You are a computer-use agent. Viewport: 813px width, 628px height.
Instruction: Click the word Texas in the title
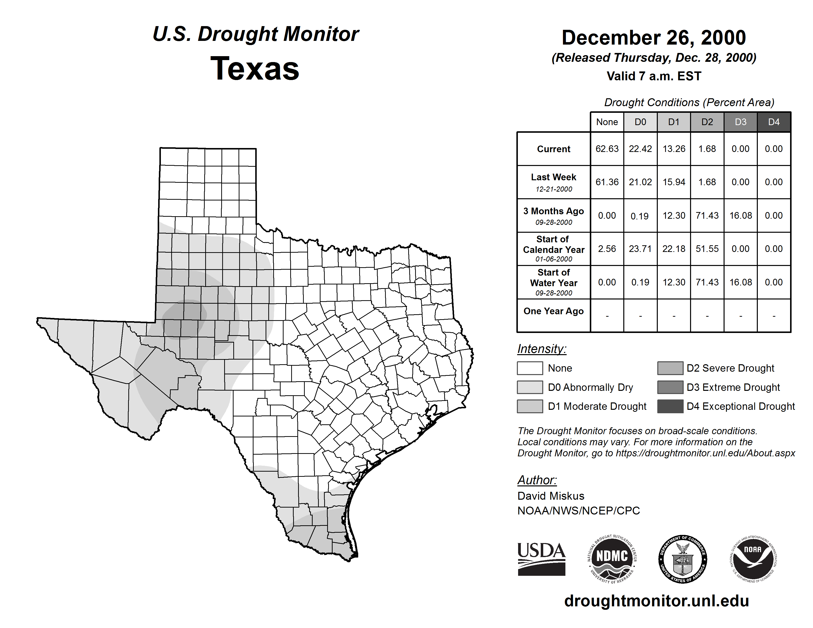tap(255, 69)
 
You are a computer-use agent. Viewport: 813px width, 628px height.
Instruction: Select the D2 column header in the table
tap(707, 122)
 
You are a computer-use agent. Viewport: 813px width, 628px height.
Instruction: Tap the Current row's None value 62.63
tap(607, 149)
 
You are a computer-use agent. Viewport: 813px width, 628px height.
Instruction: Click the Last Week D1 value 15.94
tap(674, 182)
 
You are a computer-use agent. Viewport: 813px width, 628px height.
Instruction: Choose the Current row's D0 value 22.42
tap(640, 149)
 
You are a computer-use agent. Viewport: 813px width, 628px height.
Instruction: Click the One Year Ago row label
tap(554, 311)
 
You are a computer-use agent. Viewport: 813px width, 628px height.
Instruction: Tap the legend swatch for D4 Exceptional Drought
tap(670, 406)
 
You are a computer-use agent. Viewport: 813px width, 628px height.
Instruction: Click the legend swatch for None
tap(530, 368)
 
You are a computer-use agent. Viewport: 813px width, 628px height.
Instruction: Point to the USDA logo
tap(541, 559)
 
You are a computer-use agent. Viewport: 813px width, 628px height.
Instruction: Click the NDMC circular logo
tap(612, 559)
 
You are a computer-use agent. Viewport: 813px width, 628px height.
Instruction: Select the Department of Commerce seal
tap(682, 559)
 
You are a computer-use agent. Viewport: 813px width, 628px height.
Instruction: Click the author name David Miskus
tap(551, 496)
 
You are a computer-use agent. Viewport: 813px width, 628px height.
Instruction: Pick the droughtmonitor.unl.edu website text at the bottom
tap(656, 601)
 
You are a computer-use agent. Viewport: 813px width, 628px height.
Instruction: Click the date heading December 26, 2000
tap(654, 38)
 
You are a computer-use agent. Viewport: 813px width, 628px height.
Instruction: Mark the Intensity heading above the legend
tap(542, 349)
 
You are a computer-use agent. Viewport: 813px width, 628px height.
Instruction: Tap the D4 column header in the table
tap(774, 122)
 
